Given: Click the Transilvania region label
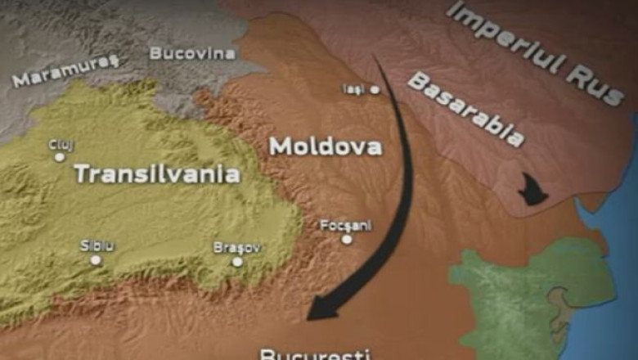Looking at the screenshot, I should (157, 174).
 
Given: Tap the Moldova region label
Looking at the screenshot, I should (326, 147).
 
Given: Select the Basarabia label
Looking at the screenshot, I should (465, 110).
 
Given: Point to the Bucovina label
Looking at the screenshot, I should (192, 54).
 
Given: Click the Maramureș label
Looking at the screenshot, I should (66, 71).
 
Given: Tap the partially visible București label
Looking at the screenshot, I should (316, 353).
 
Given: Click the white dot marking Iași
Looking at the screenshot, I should (375, 89).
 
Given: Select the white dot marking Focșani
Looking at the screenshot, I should (347, 240).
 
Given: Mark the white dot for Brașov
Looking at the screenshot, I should (237, 262).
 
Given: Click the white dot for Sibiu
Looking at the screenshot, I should (96, 260).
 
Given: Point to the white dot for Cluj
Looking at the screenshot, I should (59, 157).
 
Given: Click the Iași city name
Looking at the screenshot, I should (353, 88).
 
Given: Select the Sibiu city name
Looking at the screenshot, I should (97, 245).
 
